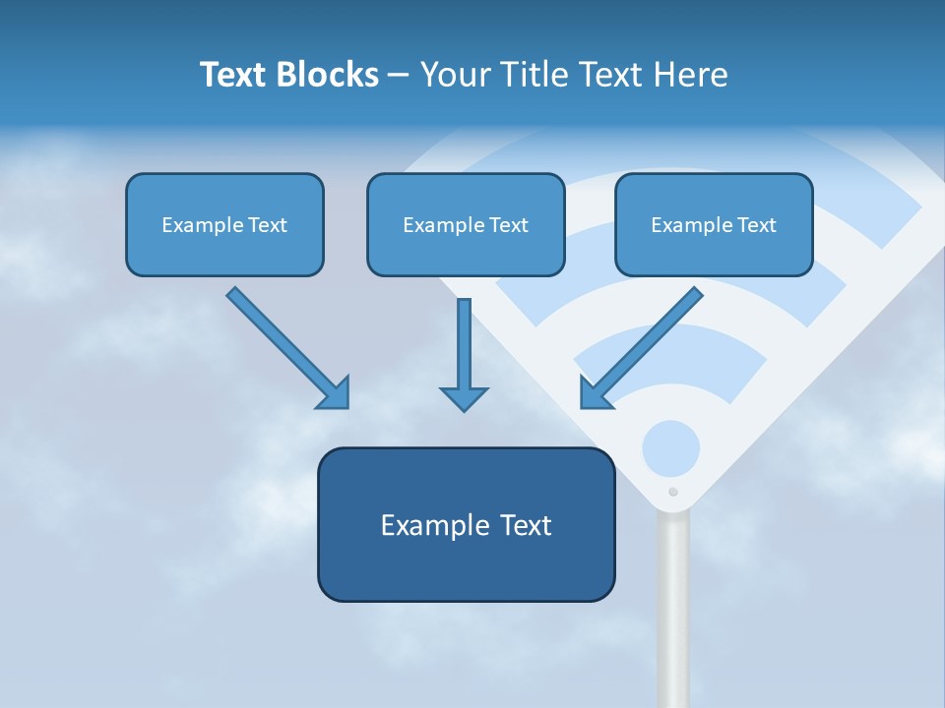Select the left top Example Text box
coord(224,224)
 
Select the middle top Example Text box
coord(466,224)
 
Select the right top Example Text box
coord(714,224)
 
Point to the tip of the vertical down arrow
coord(464,409)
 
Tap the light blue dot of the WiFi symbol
coord(670,449)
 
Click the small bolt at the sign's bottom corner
coord(673,492)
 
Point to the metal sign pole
coord(673,610)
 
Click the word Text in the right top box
coord(757,225)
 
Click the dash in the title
coord(399,76)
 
